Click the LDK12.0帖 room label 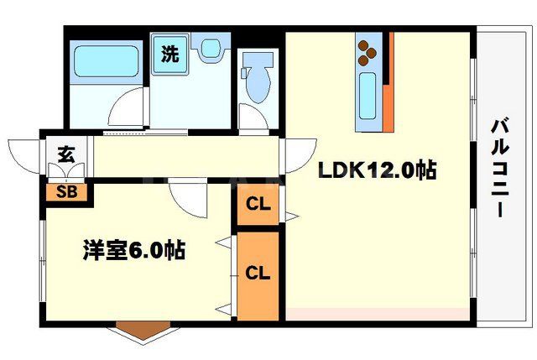(x=375, y=170)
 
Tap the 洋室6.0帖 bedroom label (x=134, y=249)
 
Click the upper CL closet (x=258, y=204)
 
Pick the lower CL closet (x=258, y=273)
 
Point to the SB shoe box (x=67, y=192)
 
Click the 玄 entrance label (x=65, y=154)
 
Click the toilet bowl (x=257, y=81)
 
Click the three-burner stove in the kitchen (x=368, y=52)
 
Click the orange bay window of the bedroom (x=139, y=330)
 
